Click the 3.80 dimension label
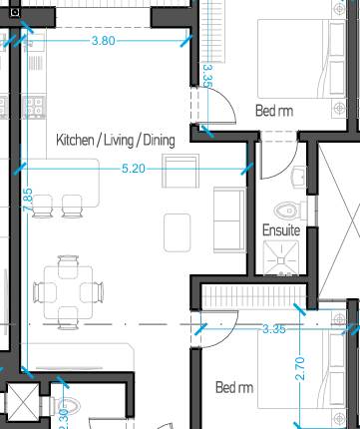(x=104, y=41)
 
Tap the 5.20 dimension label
(x=133, y=169)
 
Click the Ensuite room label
(x=281, y=229)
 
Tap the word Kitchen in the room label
(x=75, y=140)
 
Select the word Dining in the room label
(x=159, y=140)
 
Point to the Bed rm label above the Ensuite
(x=274, y=110)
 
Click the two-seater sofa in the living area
(x=227, y=217)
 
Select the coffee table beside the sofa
(x=178, y=230)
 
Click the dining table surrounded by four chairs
(x=68, y=291)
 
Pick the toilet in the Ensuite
(x=289, y=210)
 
